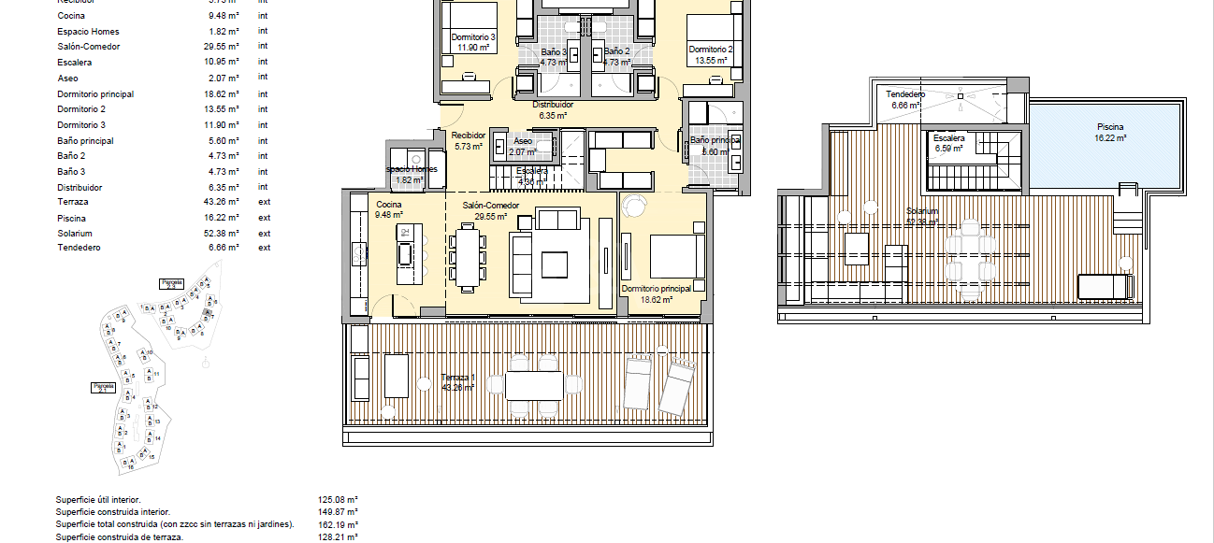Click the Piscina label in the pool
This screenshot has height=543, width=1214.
coord(1110,127)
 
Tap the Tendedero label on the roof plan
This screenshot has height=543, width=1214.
coord(905,94)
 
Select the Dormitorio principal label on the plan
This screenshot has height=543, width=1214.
coord(656,289)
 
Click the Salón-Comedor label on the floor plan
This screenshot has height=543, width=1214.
coord(490,205)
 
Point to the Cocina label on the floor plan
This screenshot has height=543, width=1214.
coord(389,205)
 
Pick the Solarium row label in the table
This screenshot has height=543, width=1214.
coord(75,233)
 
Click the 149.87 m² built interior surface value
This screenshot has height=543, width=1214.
coord(339,512)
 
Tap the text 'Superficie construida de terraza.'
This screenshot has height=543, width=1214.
coord(120,537)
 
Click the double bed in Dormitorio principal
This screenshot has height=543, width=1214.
coord(676,256)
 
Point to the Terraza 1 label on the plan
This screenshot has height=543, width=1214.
coord(458,378)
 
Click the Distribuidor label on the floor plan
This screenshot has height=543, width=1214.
coord(559,105)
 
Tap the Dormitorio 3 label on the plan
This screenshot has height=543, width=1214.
coord(472,36)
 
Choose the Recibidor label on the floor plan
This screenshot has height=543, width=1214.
coord(469,135)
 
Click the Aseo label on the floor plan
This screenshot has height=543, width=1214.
coord(523,140)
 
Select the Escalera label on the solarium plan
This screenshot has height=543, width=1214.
coord(947,138)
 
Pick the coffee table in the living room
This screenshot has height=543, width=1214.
coord(554,264)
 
